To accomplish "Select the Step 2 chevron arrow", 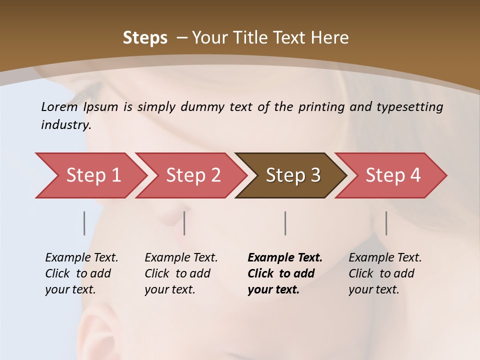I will point(192,175).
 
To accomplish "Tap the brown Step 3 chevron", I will point(292,175).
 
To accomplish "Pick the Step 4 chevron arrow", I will point(392,175).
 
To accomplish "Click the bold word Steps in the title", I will point(145,38).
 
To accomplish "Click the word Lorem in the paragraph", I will point(59,106).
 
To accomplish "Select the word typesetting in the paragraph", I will point(414,106).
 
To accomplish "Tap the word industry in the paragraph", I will point(66,125).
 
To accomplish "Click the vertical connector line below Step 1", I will point(84,223).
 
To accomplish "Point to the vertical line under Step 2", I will point(184,223).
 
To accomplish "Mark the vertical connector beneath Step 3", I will point(285,223).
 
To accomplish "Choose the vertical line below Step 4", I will point(386,223).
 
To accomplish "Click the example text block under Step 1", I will point(81,273).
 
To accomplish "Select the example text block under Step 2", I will point(181,273).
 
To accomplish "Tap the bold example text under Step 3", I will point(285,273).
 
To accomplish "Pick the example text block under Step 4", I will point(385,273).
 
